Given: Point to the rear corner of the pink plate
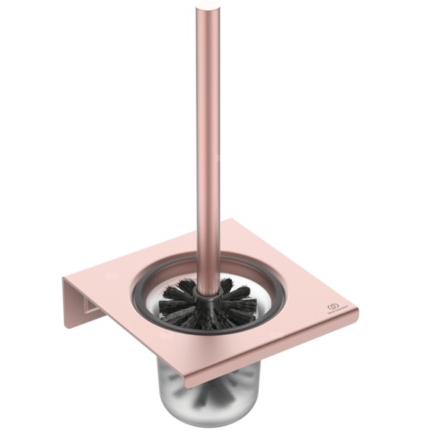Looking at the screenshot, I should pyautogui.click(x=233, y=219).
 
